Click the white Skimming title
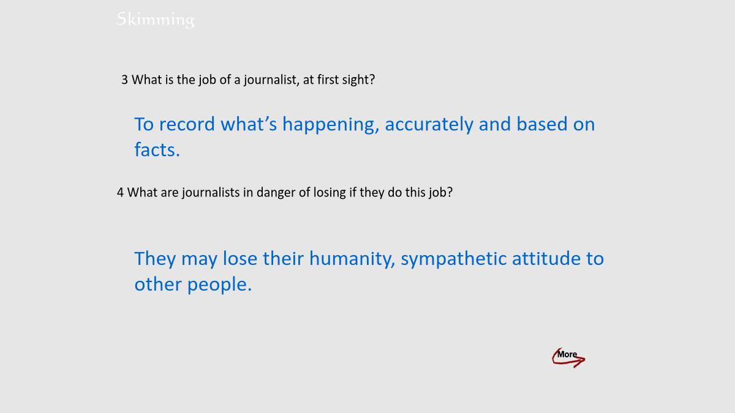(x=156, y=20)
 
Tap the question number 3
(x=124, y=80)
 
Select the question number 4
(x=120, y=192)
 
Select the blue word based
(x=541, y=124)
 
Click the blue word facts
(x=157, y=150)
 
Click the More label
(x=567, y=354)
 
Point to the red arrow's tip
(x=585, y=359)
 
